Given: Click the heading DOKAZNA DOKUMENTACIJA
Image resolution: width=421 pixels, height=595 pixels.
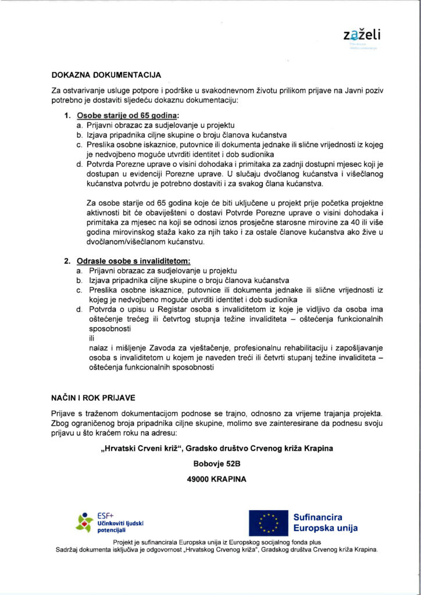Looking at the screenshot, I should point(106,75).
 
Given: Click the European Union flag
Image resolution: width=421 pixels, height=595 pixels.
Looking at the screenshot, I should point(269,522).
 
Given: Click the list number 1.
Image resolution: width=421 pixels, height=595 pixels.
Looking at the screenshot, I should point(67,116).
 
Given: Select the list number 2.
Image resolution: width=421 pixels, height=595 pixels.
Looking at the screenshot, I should point(67,261).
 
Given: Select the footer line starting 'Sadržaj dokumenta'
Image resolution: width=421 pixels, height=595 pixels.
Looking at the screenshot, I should point(217,549).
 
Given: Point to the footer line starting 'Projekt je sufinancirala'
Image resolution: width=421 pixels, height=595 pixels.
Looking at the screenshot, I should point(217,542).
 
